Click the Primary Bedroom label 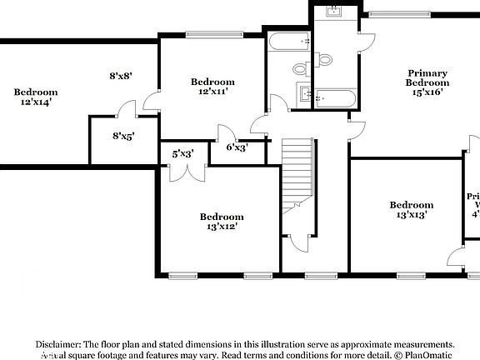click(426, 82)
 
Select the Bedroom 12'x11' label click(212, 87)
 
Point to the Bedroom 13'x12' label click(221, 221)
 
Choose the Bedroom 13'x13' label click(411, 209)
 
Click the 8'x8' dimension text click(121, 76)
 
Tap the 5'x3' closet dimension click(182, 153)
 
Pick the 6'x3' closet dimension click(237, 147)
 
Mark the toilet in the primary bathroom click(324, 58)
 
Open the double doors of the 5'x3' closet click(187, 172)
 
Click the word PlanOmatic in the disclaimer click(428, 354)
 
